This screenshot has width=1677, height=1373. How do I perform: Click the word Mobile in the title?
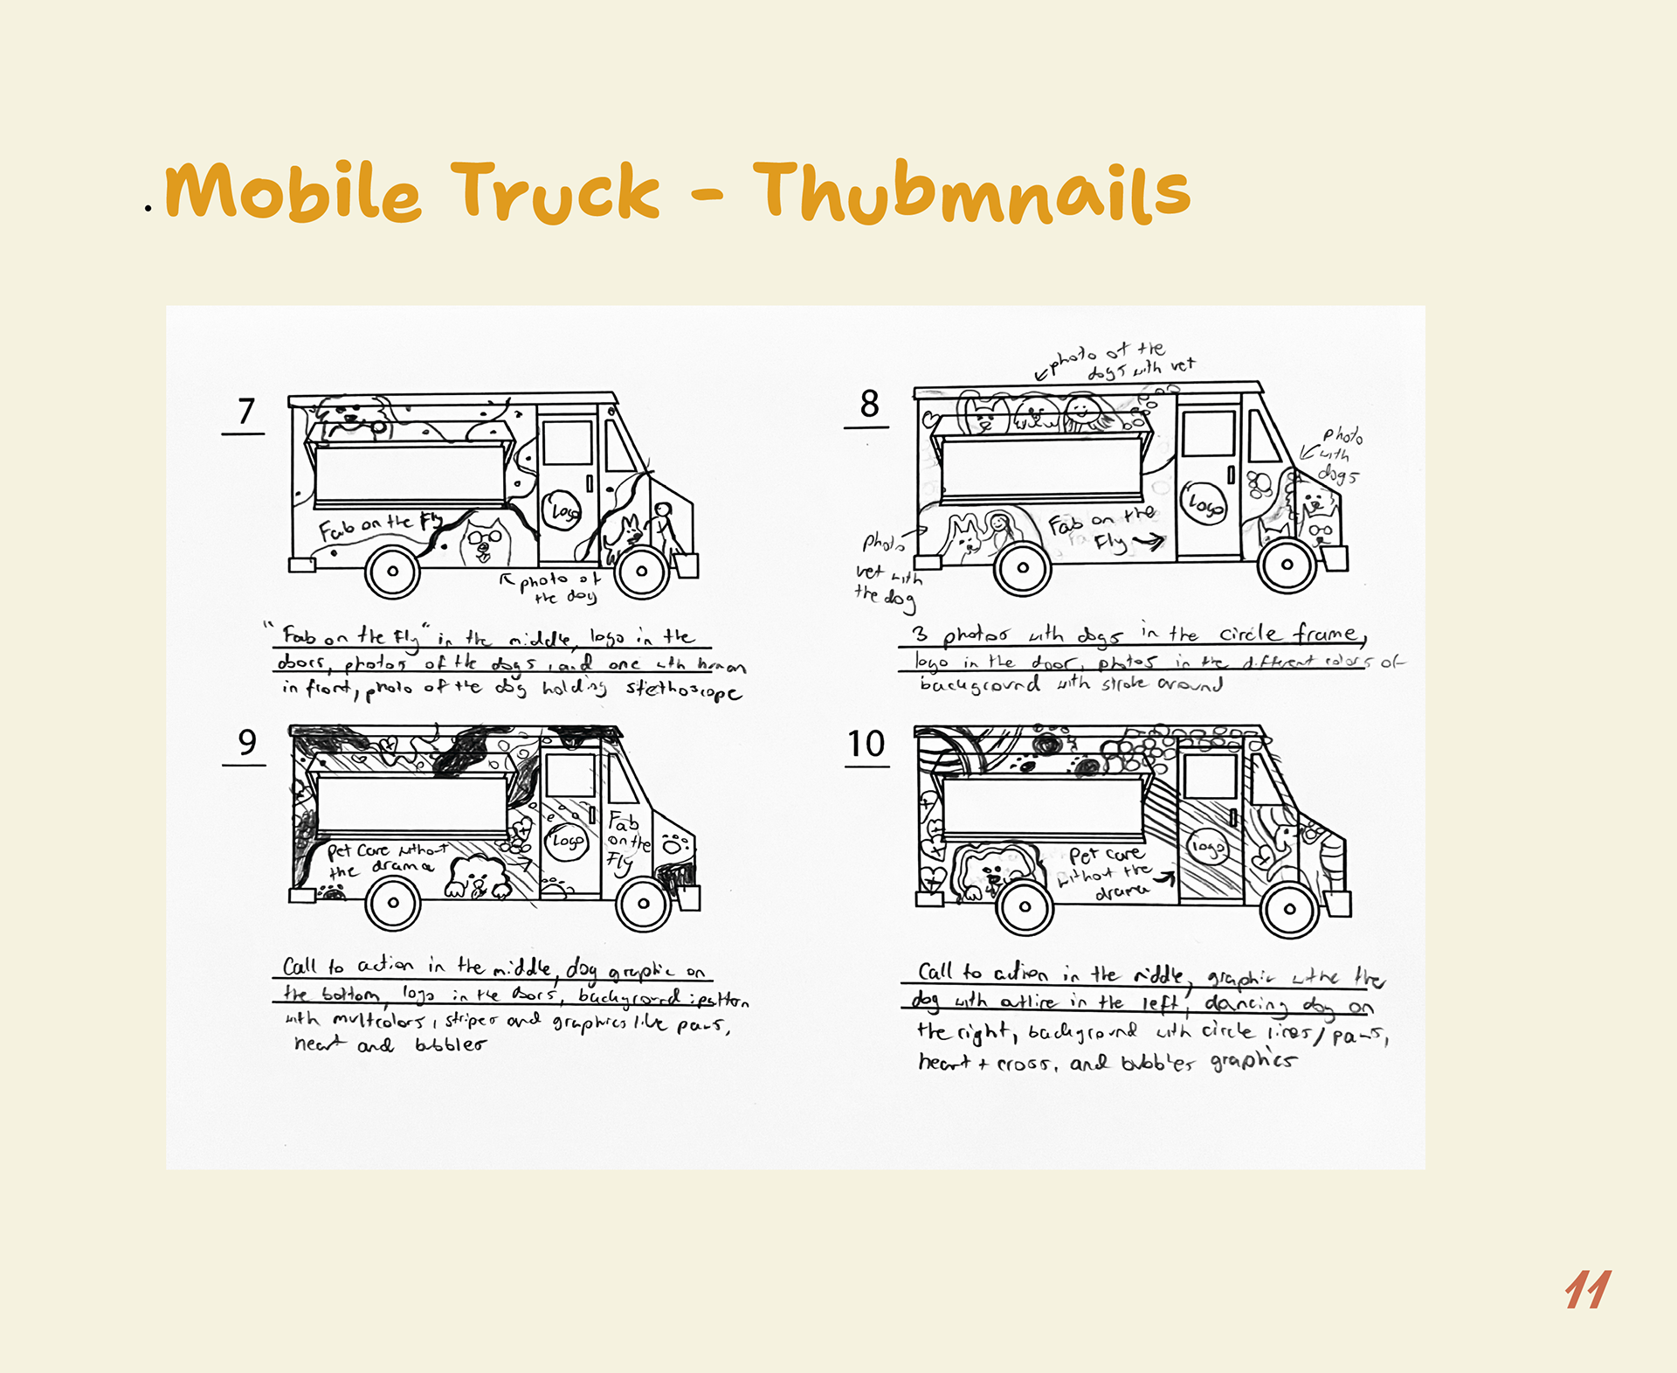(293, 191)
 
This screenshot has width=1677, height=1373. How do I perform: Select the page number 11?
(1587, 1290)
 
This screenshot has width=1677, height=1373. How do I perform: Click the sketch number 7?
(246, 412)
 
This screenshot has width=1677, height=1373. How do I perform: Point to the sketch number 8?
(869, 404)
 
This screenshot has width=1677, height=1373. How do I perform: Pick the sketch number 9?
(247, 743)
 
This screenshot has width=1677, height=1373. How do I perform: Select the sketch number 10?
(866, 745)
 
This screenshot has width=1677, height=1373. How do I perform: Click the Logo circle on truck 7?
(563, 510)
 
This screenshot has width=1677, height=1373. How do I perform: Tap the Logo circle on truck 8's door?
(1204, 503)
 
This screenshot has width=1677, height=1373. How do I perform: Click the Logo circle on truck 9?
(567, 841)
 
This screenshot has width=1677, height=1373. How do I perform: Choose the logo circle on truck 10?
(1207, 846)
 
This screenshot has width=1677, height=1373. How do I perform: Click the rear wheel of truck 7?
(392, 572)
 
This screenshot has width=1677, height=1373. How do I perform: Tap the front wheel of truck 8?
(1287, 565)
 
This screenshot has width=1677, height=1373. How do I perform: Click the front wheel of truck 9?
(643, 904)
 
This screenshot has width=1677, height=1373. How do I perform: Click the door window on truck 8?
(1208, 434)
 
